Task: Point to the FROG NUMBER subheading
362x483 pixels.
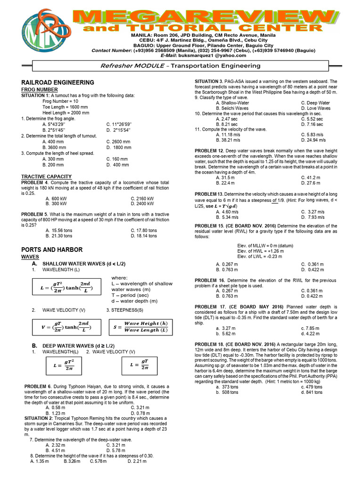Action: (x=40, y=89)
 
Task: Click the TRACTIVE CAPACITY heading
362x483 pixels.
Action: (x=46, y=176)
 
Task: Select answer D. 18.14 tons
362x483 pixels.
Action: (x=144, y=236)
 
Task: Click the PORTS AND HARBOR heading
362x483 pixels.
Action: (x=52, y=250)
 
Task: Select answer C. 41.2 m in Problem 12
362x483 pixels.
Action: (x=311, y=178)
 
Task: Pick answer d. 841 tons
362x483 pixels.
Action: (x=312, y=392)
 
